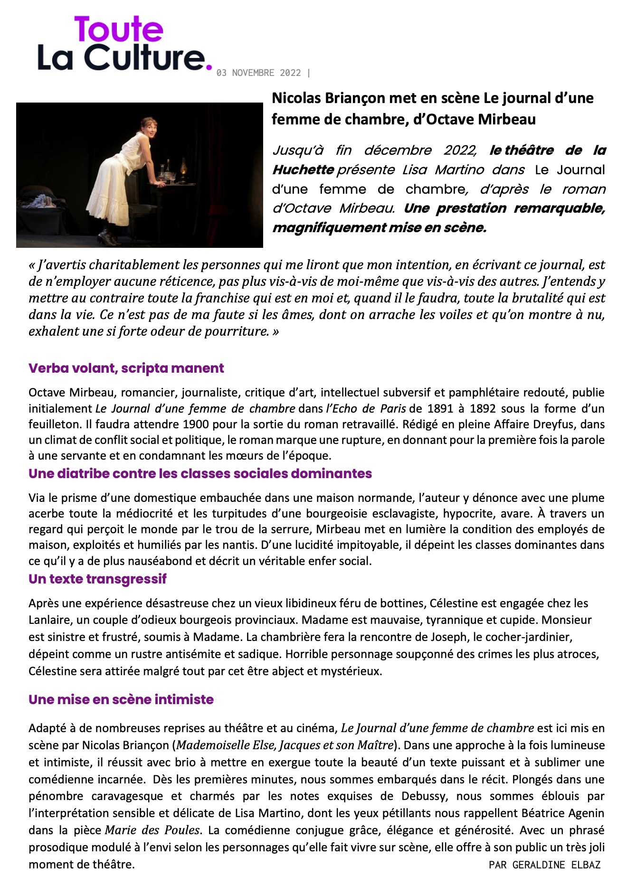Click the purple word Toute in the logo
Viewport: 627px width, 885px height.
tap(118, 29)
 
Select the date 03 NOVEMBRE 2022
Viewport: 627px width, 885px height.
tap(258, 73)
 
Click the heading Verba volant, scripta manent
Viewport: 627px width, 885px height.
tap(126, 368)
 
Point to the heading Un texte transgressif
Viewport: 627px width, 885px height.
tap(97, 579)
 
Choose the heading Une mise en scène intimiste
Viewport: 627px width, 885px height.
tap(121, 699)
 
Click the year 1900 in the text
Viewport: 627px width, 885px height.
tap(196, 424)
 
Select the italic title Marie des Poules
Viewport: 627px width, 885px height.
tap(152, 830)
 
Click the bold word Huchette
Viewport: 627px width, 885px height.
tap(303, 170)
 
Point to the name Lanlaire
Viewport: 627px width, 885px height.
tap(48, 620)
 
